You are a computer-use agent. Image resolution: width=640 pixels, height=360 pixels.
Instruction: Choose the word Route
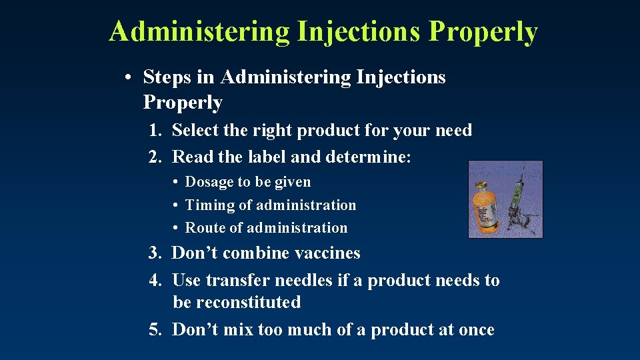pyautogui.click(x=205, y=228)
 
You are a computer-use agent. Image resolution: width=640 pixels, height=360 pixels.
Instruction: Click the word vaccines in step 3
pyautogui.click(x=327, y=253)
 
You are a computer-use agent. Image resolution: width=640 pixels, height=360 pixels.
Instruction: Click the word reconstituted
pyautogui.click(x=237, y=303)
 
